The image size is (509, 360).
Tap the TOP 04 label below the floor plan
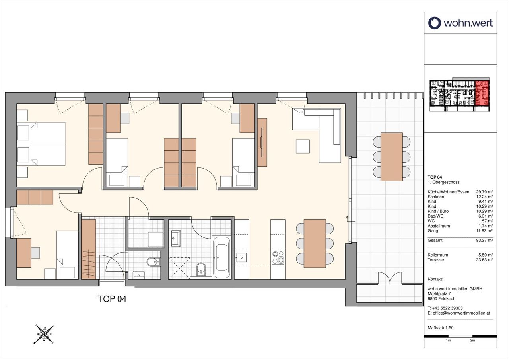(x=112, y=299)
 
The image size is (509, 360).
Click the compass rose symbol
(x=45, y=334)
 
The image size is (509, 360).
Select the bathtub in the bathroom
(x=221, y=257)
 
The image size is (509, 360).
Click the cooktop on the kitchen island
(x=278, y=257)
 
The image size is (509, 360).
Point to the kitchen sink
(x=241, y=257)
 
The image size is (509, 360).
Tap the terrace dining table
(x=392, y=157)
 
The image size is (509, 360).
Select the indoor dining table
(x=315, y=243)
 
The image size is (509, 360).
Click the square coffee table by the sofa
(x=303, y=146)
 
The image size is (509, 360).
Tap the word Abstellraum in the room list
(x=439, y=226)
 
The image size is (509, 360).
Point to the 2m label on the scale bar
(x=472, y=346)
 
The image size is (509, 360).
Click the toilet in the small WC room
(x=154, y=262)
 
